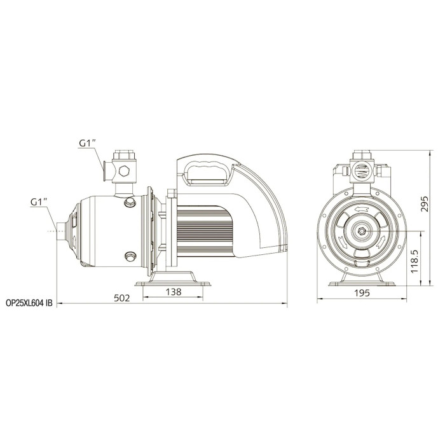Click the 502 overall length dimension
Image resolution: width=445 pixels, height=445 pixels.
point(122,298)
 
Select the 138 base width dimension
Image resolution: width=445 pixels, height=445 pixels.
point(173,292)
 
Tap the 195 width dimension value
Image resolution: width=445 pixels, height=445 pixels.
point(362,293)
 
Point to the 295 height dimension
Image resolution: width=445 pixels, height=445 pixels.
point(424,204)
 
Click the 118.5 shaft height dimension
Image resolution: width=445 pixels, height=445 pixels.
point(414,262)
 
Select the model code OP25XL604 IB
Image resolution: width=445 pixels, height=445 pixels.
point(29,303)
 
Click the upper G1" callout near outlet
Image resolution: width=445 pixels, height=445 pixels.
point(88,143)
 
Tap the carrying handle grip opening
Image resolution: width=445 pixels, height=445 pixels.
point(206,172)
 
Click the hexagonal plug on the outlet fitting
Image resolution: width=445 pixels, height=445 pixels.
point(124,171)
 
